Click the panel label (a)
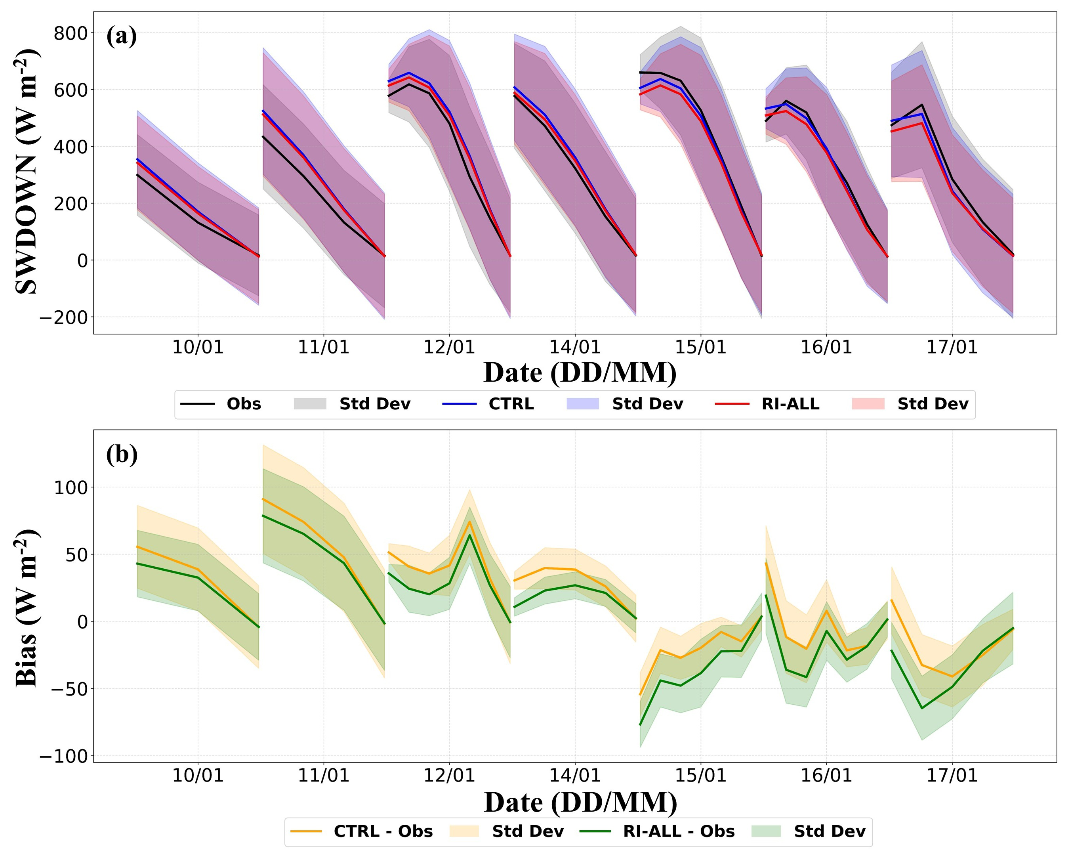122,36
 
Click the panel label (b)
122,455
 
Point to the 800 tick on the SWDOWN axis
71,33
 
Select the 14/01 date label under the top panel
575,347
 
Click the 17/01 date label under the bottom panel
952,775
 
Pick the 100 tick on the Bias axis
71,487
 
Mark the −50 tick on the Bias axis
63,689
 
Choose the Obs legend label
244,404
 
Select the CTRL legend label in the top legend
511,404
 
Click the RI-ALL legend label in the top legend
791,404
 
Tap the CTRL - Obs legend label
383,831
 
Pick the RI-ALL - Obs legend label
679,831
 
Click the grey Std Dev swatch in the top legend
310,404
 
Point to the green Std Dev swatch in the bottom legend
766,831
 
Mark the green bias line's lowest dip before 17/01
921,709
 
